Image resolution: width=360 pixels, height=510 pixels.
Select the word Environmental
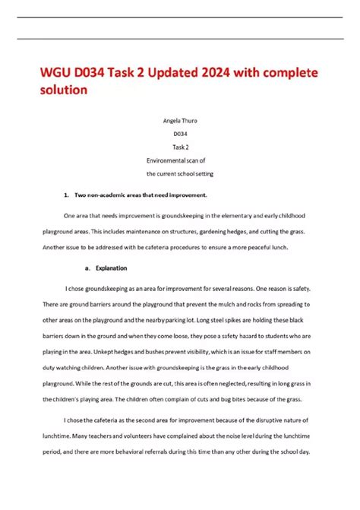click(166, 161)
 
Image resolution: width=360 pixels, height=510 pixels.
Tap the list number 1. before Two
click(67, 195)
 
